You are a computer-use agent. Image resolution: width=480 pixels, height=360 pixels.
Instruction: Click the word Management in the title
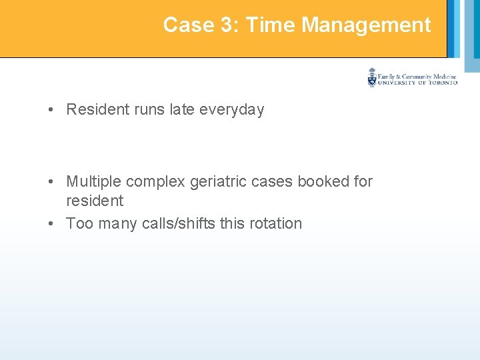(x=366, y=25)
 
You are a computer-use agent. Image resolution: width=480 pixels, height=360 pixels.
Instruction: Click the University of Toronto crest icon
(x=371, y=78)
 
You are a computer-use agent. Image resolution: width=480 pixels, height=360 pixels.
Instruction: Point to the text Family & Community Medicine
(x=417, y=76)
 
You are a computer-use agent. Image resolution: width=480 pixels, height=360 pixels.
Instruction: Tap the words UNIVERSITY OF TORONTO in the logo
(x=417, y=83)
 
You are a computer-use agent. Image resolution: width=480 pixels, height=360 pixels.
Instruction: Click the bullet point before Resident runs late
(x=51, y=110)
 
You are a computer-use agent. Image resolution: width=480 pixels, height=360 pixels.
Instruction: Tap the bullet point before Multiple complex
(x=51, y=181)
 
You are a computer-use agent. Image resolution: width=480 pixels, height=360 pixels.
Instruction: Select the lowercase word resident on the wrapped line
(x=95, y=201)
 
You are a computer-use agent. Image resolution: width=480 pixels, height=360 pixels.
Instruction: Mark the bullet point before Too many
(x=51, y=223)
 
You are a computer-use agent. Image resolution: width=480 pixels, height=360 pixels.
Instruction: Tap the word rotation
(x=276, y=223)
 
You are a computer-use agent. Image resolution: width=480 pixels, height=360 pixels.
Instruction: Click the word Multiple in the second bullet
(x=93, y=181)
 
